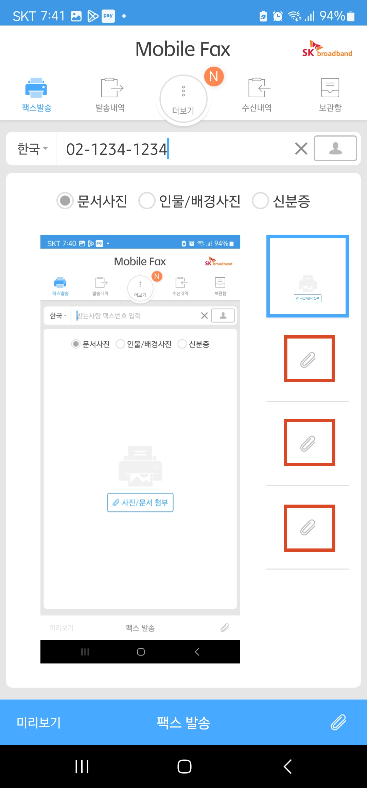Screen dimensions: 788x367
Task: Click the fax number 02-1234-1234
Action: coord(117,149)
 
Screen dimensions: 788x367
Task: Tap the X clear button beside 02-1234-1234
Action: coord(301,149)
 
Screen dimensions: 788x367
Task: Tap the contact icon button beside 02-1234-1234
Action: coord(335,148)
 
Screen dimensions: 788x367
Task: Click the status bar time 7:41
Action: coord(53,16)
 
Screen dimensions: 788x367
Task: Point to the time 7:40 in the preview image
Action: coord(69,244)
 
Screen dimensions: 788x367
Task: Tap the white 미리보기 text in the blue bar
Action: coord(39,722)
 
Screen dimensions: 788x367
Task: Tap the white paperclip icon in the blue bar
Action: coord(338,722)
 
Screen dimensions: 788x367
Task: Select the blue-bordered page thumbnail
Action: coord(308,276)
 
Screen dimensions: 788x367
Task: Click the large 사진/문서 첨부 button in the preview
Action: coord(140,503)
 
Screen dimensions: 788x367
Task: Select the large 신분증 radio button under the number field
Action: coord(261,201)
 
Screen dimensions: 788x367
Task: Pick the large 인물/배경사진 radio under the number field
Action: coord(147,201)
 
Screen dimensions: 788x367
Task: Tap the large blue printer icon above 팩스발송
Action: coord(36,88)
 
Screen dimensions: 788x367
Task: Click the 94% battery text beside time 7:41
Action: coord(332,16)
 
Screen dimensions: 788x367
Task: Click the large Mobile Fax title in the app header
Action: coord(183,49)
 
